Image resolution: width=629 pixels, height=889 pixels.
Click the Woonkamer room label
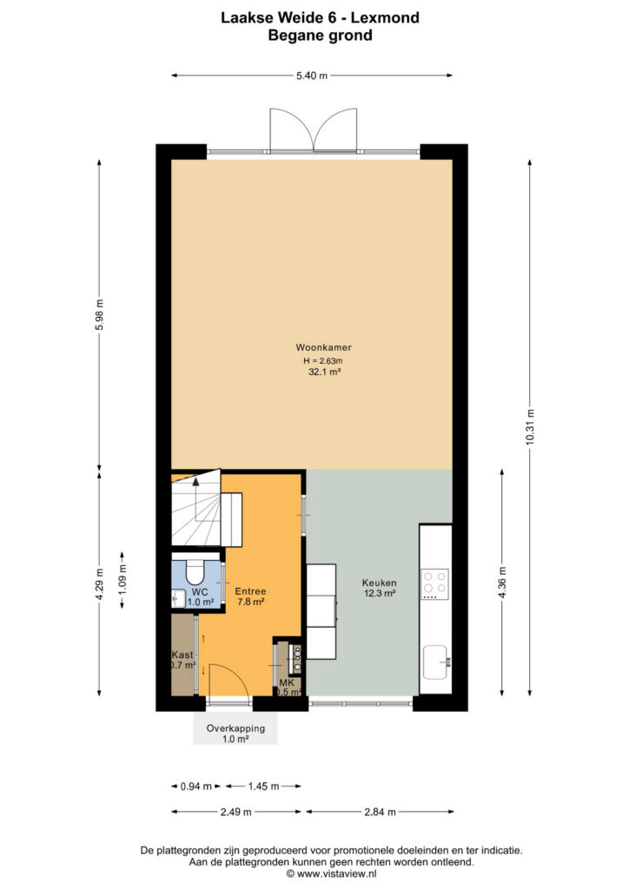click(323, 347)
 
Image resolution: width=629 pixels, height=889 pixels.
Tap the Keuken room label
click(379, 583)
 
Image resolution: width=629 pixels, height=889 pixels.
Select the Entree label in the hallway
click(250, 591)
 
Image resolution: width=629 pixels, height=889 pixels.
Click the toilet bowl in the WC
click(196, 572)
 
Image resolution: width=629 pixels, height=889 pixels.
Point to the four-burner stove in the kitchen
click(435, 584)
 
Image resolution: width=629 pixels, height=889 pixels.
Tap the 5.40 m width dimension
click(312, 76)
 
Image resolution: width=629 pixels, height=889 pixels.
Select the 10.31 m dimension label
click(530, 426)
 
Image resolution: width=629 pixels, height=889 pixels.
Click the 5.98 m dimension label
click(99, 314)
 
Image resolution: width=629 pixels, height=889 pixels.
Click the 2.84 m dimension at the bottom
click(380, 812)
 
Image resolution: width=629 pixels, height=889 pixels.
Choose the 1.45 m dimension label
click(263, 787)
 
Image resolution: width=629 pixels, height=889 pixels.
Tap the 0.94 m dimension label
click(195, 787)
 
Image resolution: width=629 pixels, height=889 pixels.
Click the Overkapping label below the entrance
click(235, 728)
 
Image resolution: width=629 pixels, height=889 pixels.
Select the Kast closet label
click(182, 655)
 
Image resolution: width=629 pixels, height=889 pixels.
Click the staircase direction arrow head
click(195, 482)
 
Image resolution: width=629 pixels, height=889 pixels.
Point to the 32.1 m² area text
click(324, 372)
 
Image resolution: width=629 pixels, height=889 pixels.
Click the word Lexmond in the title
click(385, 17)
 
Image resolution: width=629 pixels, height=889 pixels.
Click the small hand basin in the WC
click(177, 597)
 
